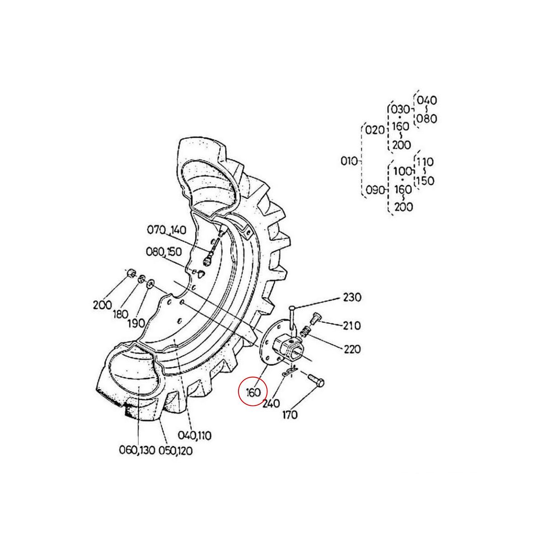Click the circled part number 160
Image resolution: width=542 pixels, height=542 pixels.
(253, 392)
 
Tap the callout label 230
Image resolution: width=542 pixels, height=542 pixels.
(352, 298)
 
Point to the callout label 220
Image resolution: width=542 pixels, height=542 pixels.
(351, 349)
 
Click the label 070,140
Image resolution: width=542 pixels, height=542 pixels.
(166, 231)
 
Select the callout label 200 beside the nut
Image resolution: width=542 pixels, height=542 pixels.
(102, 304)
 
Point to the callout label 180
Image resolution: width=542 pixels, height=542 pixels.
(120, 314)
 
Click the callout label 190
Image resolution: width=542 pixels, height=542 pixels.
(135, 323)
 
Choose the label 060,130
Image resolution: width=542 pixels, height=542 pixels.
(137, 450)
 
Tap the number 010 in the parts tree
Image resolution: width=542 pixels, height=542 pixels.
(349, 161)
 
